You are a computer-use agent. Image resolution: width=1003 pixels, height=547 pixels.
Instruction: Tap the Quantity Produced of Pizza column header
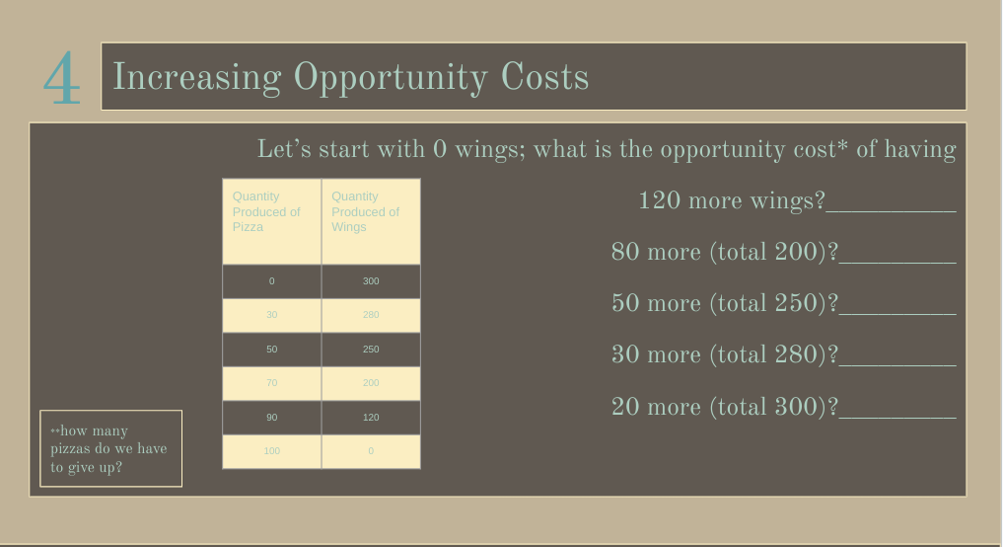(271, 220)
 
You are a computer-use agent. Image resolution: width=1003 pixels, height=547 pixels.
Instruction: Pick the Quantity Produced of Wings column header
(371, 220)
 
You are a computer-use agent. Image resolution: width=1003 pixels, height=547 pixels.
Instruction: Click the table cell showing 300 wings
(371, 281)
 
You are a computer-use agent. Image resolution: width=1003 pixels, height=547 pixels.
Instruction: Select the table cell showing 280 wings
(371, 315)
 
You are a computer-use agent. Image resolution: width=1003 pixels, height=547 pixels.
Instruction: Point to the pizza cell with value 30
(271, 315)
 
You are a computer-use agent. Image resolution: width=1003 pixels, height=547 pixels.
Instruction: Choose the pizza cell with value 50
(271, 350)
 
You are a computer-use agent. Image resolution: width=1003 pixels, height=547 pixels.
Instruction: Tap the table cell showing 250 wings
(371, 350)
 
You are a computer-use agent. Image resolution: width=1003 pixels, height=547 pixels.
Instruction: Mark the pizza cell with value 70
(271, 383)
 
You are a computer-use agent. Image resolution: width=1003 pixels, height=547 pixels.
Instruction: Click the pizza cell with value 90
(271, 418)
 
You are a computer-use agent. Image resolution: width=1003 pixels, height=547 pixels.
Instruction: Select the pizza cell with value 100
(271, 451)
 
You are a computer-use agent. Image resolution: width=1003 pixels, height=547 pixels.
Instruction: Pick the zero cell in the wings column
(371, 451)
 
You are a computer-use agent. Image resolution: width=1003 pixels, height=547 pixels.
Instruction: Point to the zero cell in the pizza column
(271, 281)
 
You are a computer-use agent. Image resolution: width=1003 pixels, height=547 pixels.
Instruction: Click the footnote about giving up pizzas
(110, 448)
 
